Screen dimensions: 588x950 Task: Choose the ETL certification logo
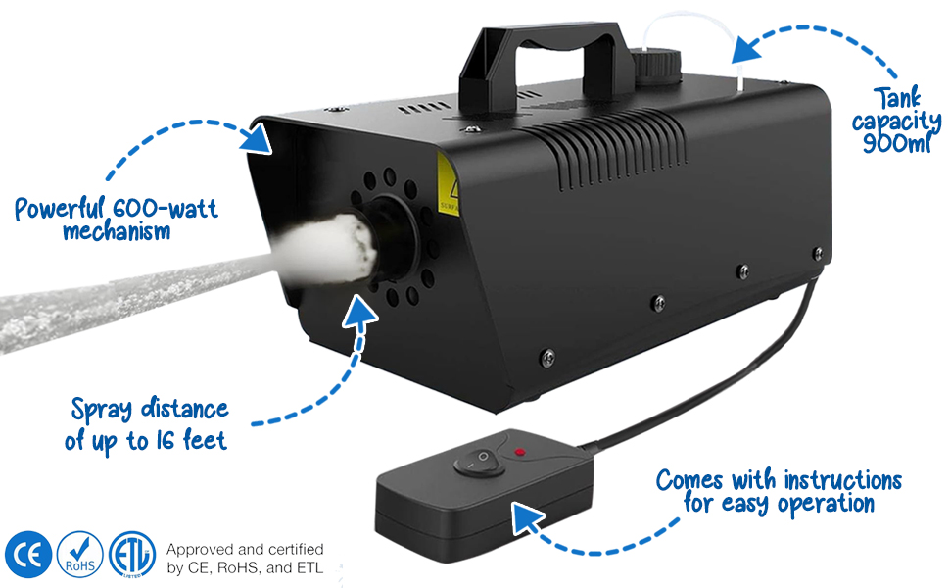132,555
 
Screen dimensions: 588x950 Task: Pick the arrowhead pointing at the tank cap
749,46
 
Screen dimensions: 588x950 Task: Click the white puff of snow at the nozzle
328,247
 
